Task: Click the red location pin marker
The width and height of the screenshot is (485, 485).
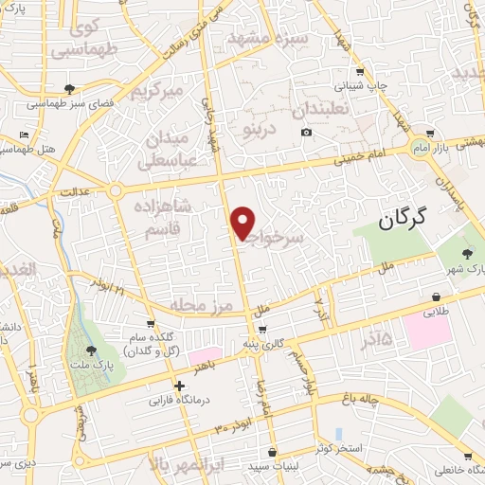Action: [243, 223]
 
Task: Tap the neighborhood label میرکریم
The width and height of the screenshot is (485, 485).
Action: [154, 93]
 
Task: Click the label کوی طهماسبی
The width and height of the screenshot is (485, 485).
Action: [80, 39]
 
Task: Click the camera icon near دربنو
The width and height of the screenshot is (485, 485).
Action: [306, 132]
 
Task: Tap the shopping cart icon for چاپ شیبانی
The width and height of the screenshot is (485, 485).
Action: [359, 72]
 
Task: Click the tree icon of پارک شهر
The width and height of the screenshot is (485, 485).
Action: [467, 253]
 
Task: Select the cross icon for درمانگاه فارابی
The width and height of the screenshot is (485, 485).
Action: [179, 385]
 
